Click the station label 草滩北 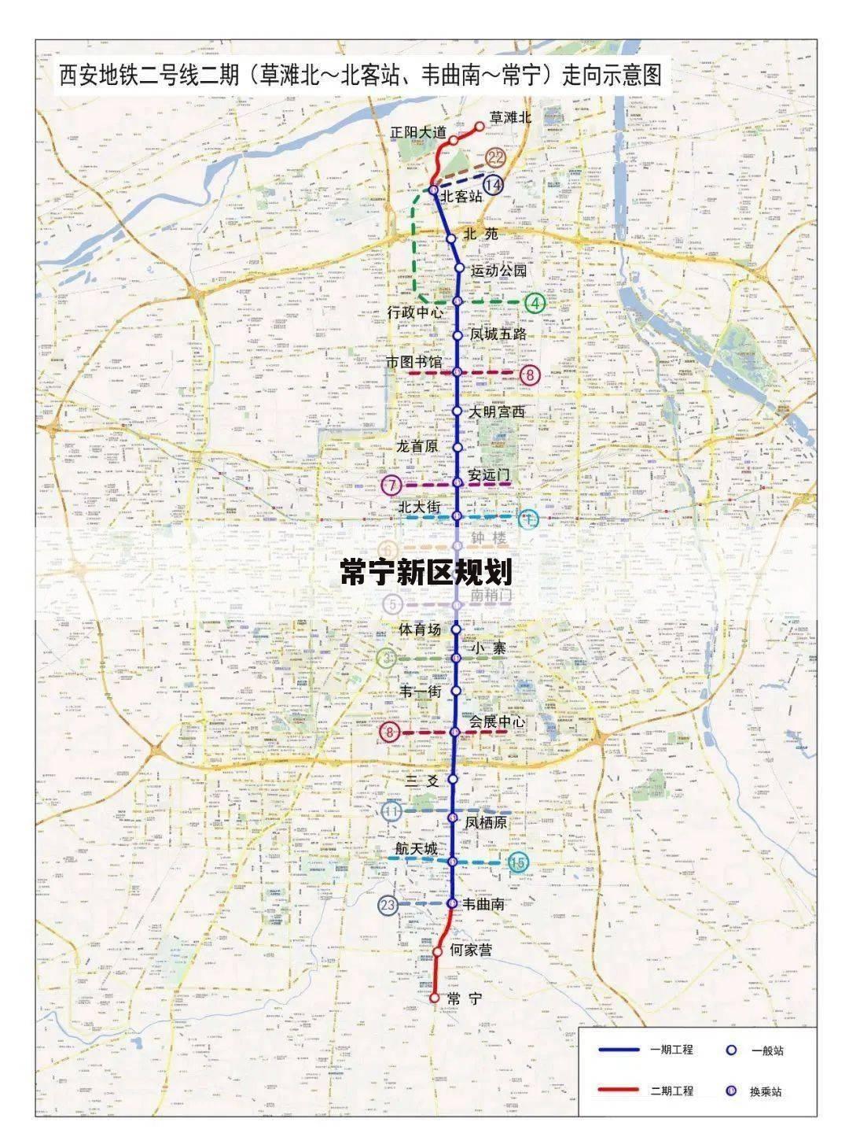click(511, 118)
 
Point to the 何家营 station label click(471, 951)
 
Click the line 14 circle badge click(493, 185)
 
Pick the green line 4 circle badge click(536, 302)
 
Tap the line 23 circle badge click(388, 906)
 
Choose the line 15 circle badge click(517, 863)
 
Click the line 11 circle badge click(391, 811)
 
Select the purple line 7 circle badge click(391, 485)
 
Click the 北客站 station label click(461, 196)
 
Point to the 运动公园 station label click(498, 271)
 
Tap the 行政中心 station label click(416, 312)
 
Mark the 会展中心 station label click(498, 722)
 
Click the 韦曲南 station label click(483, 905)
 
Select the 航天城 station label click(416, 849)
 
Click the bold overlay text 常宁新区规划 click(426, 572)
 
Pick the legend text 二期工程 click(671, 1091)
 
